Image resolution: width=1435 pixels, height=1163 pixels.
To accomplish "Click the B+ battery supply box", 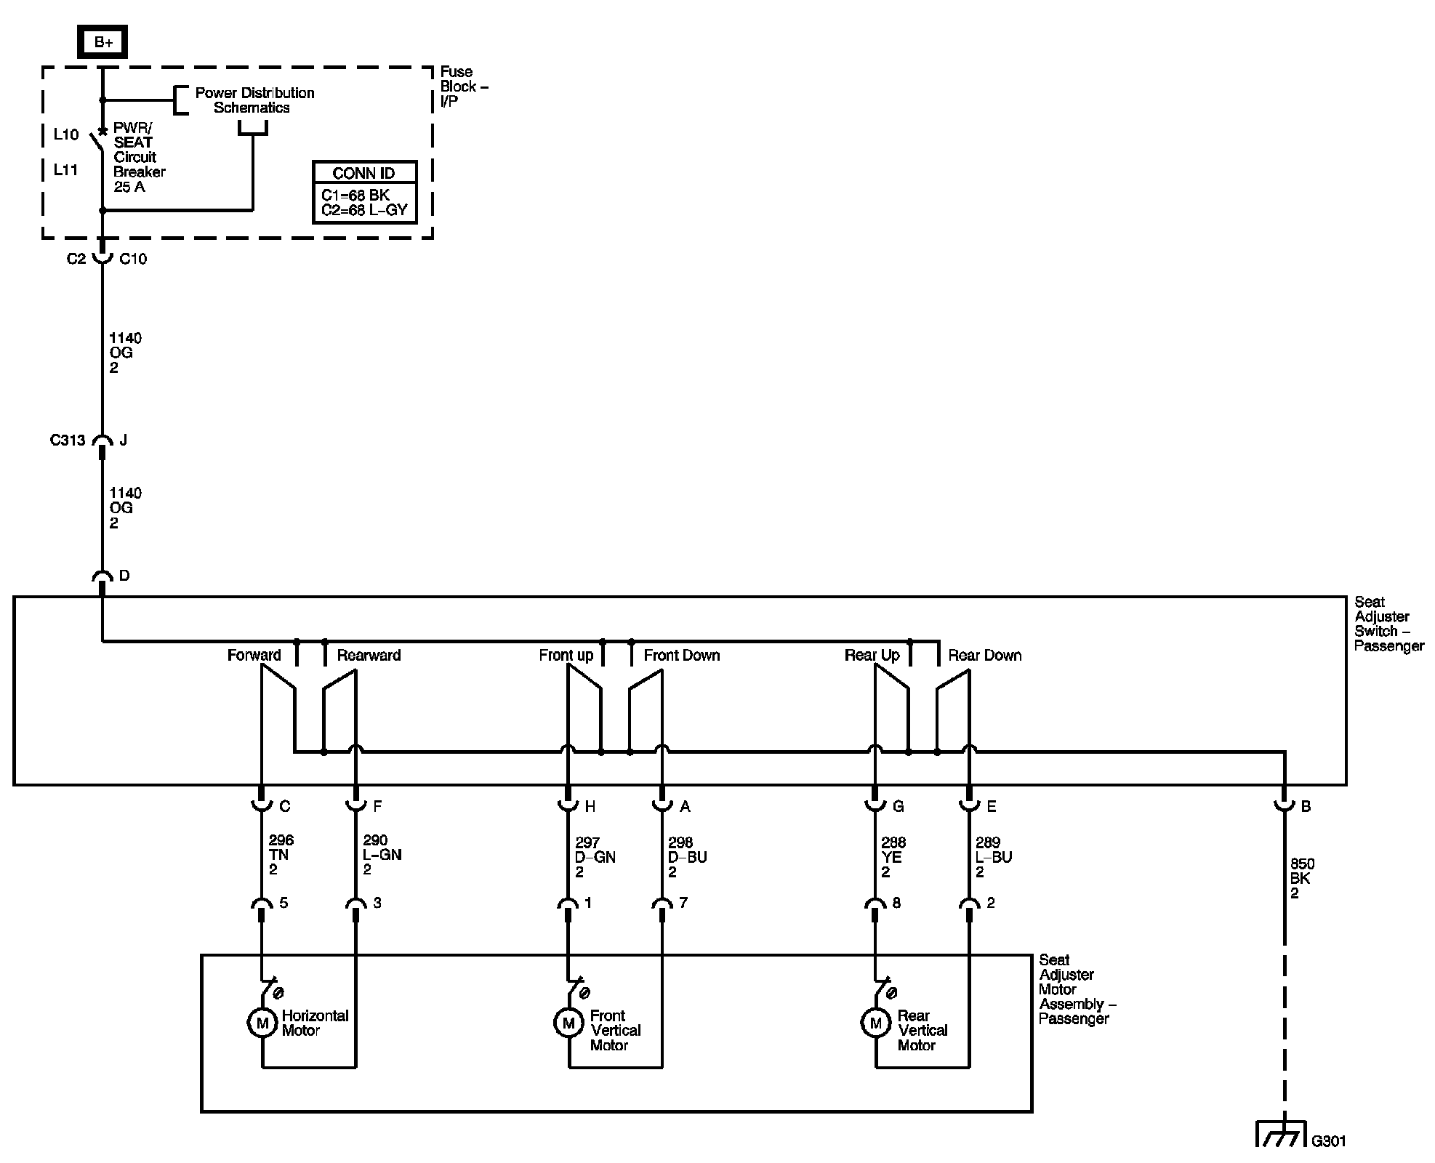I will click(x=102, y=42).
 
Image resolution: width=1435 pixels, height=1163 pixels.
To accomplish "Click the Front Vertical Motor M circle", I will click(x=568, y=1023).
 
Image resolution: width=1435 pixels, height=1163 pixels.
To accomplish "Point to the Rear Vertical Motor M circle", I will click(x=876, y=1023).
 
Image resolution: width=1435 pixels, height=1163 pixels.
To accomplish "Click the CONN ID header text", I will click(x=363, y=173).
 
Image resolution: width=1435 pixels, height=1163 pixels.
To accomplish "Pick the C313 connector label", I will click(x=68, y=440).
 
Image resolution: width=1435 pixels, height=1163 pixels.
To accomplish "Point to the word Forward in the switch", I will click(x=254, y=655).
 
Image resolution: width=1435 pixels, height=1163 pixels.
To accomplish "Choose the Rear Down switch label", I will click(x=984, y=655).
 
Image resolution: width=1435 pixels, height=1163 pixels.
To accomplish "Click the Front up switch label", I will click(x=566, y=655).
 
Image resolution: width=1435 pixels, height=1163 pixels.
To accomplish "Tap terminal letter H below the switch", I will click(x=590, y=806).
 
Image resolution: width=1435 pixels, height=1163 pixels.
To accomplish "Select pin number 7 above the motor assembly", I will click(x=683, y=902).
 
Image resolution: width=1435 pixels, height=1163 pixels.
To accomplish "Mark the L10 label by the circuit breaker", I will click(x=66, y=134).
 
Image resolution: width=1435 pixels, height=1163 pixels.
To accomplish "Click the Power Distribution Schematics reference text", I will click(x=254, y=100).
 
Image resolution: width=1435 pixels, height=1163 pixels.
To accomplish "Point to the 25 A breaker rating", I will click(x=129, y=187).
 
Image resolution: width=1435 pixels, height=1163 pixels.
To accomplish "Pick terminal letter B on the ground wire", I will click(x=1306, y=806).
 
